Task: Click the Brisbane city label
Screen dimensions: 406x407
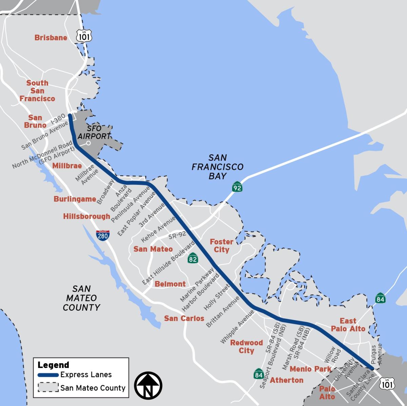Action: click(x=51, y=38)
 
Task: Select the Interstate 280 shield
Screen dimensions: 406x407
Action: click(x=102, y=235)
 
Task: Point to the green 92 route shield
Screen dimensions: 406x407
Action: click(x=237, y=187)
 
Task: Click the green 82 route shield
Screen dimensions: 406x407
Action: click(x=193, y=259)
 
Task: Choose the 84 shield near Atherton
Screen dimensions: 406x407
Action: click(x=259, y=374)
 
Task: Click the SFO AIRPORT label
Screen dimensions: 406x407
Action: click(x=98, y=133)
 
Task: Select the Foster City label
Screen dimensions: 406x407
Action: click(x=221, y=246)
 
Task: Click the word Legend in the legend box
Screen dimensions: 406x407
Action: click(x=53, y=365)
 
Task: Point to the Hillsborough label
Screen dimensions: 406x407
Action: click(x=86, y=216)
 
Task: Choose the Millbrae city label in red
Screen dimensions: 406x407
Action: click(x=67, y=166)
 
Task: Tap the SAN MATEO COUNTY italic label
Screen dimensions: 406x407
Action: click(x=81, y=298)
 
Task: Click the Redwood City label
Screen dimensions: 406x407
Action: click(x=247, y=347)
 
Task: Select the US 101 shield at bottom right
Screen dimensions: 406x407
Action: click(x=387, y=384)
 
